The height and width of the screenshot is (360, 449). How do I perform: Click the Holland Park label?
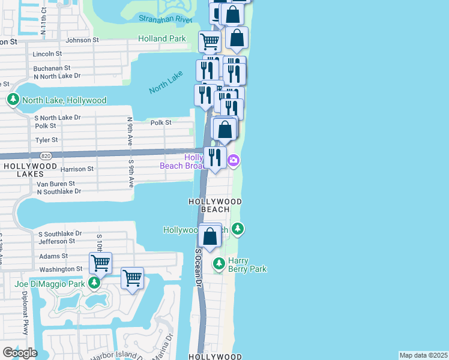[x=161, y=38]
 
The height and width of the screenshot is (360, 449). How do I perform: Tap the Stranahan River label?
[x=165, y=19]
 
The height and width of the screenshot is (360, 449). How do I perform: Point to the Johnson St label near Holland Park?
[x=82, y=40]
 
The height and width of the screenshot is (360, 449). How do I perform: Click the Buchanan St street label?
[x=52, y=68]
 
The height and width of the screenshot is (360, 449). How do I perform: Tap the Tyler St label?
[x=46, y=140]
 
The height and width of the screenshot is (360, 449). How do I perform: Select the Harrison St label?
[x=77, y=169]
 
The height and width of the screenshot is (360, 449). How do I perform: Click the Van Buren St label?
[x=56, y=184]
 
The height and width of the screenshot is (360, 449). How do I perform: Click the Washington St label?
[x=61, y=269]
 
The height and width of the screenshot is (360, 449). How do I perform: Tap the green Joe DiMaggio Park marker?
[x=94, y=282]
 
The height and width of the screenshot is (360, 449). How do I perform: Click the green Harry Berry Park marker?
[x=219, y=263]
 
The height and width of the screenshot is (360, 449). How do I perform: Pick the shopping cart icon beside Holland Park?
[x=209, y=41]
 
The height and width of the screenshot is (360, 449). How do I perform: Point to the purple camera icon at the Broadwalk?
[x=234, y=160]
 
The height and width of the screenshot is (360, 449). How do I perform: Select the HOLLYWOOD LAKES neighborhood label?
[x=30, y=170]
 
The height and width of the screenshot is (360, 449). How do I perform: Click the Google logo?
[x=20, y=352]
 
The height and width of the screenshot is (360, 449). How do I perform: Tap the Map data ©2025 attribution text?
[x=424, y=355]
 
